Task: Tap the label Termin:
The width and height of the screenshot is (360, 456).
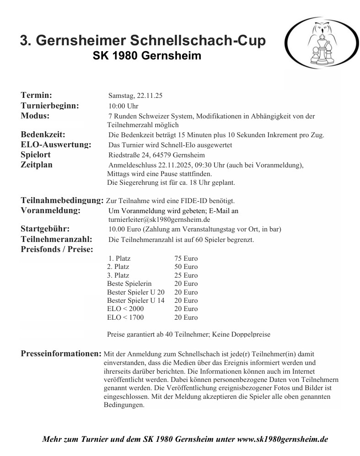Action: point(36,96)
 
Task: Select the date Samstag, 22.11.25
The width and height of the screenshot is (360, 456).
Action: point(135,96)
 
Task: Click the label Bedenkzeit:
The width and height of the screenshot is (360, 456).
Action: point(43,134)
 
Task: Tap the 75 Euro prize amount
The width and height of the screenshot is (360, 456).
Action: point(186,259)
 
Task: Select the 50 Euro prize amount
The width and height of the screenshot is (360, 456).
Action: point(186,267)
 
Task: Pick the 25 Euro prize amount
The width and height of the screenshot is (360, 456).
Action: point(186,275)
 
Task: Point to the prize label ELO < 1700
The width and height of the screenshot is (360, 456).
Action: point(125,317)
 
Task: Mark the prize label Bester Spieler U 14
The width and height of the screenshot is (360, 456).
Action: point(136,300)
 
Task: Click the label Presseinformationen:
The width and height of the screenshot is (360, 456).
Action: point(61,354)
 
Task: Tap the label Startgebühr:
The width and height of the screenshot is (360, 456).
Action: point(45,229)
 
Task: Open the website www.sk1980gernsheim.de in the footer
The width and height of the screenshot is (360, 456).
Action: point(283,440)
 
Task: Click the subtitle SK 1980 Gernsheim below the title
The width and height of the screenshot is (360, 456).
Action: point(147,56)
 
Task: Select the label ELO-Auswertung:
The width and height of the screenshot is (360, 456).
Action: point(56,145)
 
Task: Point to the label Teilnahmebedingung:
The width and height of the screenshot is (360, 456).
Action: point(62,200)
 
